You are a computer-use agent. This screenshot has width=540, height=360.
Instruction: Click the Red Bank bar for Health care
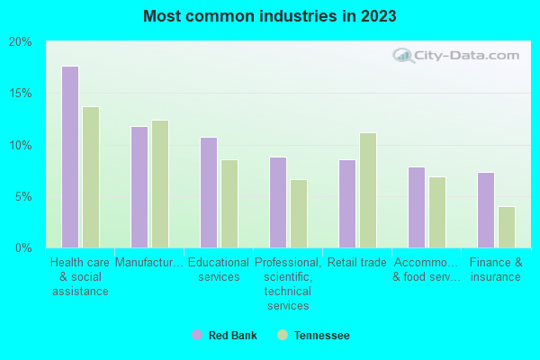(x=70, y=157)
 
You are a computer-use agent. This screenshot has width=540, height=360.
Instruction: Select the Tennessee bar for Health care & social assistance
(x=91, y=177)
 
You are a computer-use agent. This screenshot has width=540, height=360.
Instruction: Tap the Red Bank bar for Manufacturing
(x=139, y=187)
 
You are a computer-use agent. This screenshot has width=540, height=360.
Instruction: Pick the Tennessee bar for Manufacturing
(x=160, y=184)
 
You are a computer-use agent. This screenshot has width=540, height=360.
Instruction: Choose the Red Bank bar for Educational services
(x=209, y=193)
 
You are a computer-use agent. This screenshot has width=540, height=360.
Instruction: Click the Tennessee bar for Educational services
(x=229, y=203)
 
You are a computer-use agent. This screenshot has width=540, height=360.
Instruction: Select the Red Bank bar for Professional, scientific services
(x=278, y=202)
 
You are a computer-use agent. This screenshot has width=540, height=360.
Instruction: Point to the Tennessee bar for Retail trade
(x=368, y=190)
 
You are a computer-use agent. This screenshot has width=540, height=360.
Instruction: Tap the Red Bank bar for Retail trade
(x=347, y=203)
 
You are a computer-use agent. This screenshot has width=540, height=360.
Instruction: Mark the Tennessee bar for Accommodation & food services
(x=437, y=212)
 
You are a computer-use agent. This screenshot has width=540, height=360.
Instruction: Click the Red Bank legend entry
(x=225, y=336)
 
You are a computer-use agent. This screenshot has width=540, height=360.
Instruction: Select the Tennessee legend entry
(x=314, y=336)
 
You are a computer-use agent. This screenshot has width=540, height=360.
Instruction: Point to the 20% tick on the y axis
(x=21, y=42)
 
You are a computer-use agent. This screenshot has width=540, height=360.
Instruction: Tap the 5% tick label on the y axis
(x=22, y=196)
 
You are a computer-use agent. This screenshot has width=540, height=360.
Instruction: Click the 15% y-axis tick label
(x=21, y=94)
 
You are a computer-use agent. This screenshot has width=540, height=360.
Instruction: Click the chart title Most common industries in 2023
(x=269, y=16)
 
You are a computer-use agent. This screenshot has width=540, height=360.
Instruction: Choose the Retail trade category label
(x=357, y=263)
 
